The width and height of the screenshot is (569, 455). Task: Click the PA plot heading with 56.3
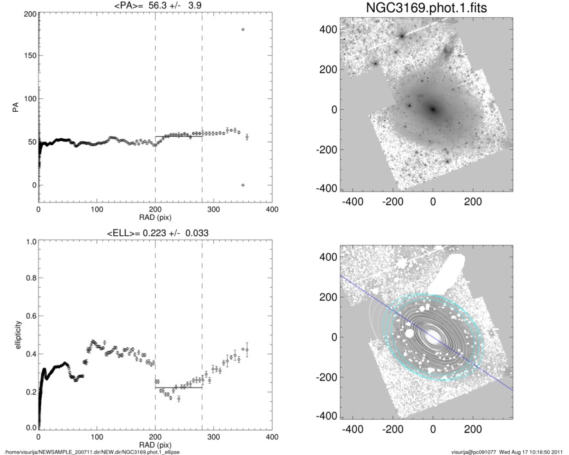coord(154,6)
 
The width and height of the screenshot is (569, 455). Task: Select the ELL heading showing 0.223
coord(154,233)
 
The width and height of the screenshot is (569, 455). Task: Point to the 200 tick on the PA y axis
coord(29,13)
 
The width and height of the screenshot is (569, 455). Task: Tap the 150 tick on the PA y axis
coord(29,57)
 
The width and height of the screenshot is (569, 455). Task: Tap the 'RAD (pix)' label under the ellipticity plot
coord(154,445)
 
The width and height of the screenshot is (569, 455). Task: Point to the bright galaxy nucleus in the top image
coord(433,109)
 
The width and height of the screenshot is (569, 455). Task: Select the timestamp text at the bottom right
coord(508,451)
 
